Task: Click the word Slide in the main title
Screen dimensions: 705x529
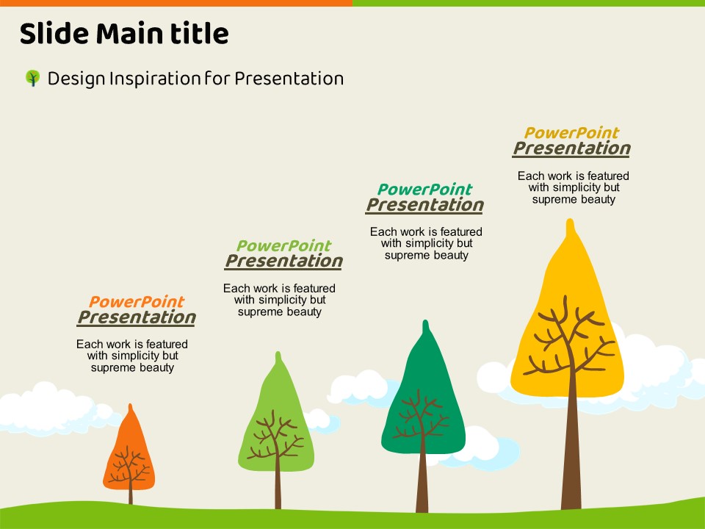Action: (x=54, y=33)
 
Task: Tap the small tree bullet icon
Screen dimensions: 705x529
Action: (x=32, y=78)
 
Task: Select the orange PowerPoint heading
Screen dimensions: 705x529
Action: (x=137, y=301)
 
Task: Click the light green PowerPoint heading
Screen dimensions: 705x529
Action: (x=283, y=245)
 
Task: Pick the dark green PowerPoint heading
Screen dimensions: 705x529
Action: (x=424, y=190)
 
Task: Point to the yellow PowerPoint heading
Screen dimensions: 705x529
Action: (x=571, y=133)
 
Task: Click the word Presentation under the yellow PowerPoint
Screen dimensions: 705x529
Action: (x=571, y=148)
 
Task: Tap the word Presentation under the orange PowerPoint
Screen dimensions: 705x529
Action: (x=137, y=317)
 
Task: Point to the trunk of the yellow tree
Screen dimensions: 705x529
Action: (x=571, y=450)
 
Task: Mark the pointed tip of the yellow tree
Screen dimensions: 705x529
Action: (x=570, y=220)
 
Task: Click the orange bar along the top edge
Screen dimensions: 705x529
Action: (x=176, y=3)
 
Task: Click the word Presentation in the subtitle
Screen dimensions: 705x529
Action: (x=289, y=79)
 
